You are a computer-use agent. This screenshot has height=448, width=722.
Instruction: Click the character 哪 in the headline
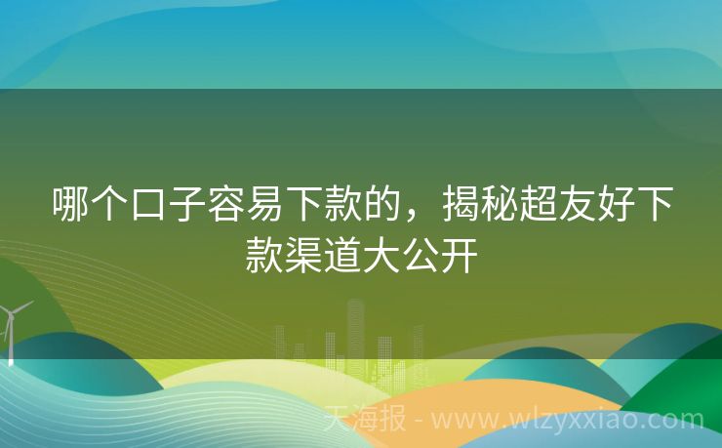[x=70, y=206]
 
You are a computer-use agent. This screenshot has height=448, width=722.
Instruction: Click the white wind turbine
[x=12, y=327]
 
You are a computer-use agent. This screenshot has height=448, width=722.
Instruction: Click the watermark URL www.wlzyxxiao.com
[x=566, y=421]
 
